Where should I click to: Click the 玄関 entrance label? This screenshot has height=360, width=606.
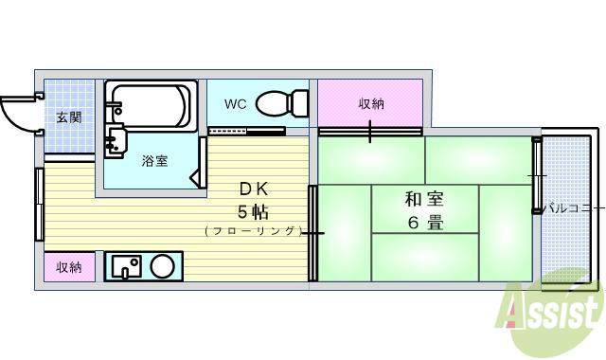(x=67, y=118)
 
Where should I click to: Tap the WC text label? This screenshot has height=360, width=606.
(x=236, y=104)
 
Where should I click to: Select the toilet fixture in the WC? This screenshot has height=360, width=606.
(x=283, y=100)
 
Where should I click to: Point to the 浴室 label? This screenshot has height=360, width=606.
(x=154, y=161)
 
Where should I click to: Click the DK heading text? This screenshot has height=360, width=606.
(x=253, y=188)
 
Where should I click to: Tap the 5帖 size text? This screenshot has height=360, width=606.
(x=253, y=209)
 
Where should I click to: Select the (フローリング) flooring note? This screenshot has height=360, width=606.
(x=253, y=230)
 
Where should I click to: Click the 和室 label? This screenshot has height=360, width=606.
(x=425, y=200)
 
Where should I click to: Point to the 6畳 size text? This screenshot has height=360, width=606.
(x=425, y=225)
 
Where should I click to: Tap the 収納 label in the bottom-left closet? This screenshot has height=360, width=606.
(x=68, y=268)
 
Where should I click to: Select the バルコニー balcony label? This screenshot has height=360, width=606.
(x=573, y=208)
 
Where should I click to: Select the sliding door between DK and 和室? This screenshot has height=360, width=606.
(x=313, y=232)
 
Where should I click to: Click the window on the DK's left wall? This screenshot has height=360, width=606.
(x=39, y=205)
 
